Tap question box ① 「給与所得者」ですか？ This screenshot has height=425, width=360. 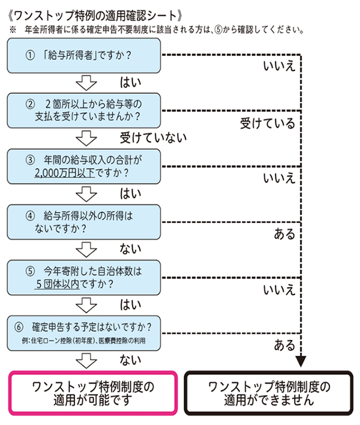click(x=85, y=55)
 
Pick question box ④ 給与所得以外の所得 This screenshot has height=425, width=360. click(x=85, y=222)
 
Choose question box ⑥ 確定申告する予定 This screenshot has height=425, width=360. click(x=85, y=333)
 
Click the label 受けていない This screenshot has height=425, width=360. click(x=149, y=136)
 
